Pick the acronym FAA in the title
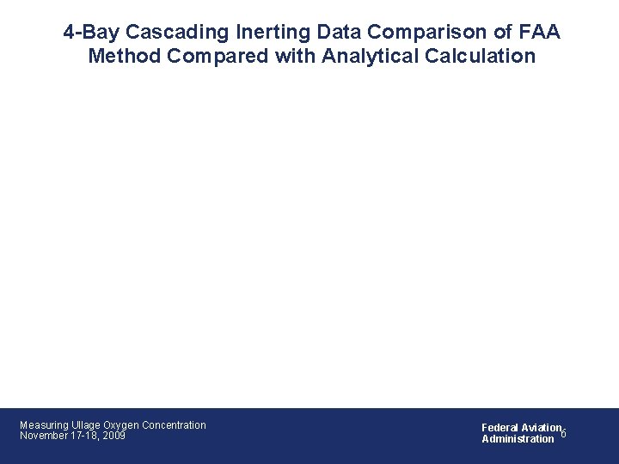click(x=537, y=34)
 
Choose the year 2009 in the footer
click(x=113, y=437)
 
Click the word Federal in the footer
click(x=499, y=427)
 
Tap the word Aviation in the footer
click(x=540, y=427)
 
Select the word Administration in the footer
click(x=518, y=439)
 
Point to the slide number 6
click(x=564, y=434)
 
